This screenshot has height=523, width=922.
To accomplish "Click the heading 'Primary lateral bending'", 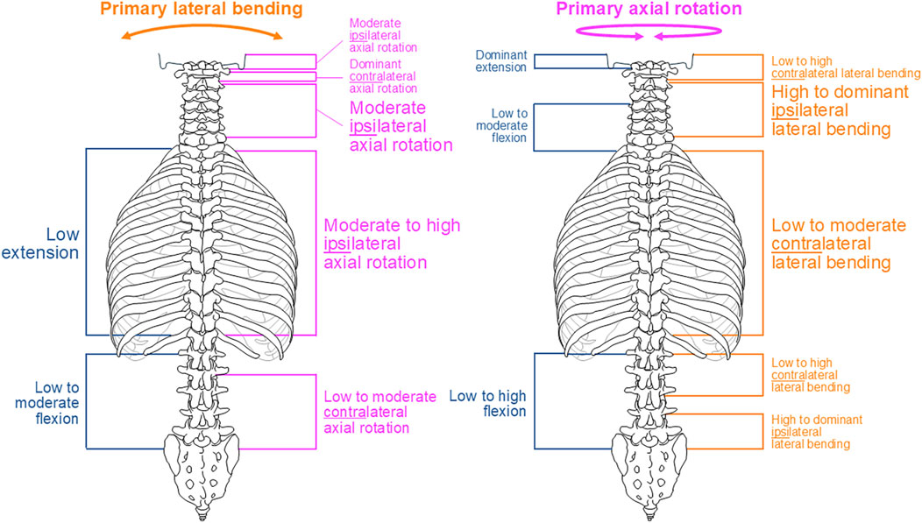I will (201, 11).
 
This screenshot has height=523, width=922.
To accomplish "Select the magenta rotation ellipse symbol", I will (648, 33).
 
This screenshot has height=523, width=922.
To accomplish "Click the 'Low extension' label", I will (63, 244).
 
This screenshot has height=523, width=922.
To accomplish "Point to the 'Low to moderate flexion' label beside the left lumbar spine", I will (57, 402).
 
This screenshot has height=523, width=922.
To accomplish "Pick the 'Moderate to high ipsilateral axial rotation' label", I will (392, 244).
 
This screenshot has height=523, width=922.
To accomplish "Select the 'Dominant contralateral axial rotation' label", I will (382, 76).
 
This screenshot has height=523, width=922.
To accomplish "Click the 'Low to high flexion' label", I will (487, 403).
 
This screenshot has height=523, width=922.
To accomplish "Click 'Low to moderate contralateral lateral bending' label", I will (839, 244).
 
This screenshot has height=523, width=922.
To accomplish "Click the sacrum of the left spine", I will (201, 464).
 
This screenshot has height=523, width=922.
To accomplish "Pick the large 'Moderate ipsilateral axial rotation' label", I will (401, 126).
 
